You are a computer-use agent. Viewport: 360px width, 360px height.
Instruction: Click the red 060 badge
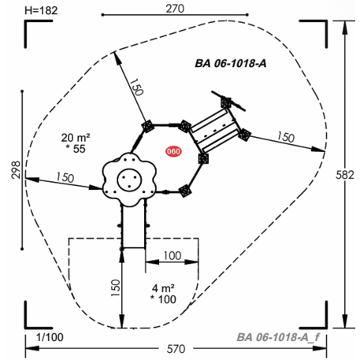[173, 151]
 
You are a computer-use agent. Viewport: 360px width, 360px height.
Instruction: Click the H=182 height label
[41, 10]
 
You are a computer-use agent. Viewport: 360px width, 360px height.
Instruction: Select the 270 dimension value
[175, 9]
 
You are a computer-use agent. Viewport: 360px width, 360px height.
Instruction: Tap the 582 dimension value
[345, 175]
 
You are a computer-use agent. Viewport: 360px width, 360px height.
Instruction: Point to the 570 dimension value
[176, 349]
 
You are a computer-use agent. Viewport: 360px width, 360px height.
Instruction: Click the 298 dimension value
[16, 170]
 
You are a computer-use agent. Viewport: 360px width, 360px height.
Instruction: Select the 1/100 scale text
[50, 337]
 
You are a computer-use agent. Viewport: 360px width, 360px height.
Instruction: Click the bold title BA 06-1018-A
[231, 64]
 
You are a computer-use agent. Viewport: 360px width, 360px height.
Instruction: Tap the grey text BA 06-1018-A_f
[278, 337]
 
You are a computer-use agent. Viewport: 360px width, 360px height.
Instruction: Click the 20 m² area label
[76, 138]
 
